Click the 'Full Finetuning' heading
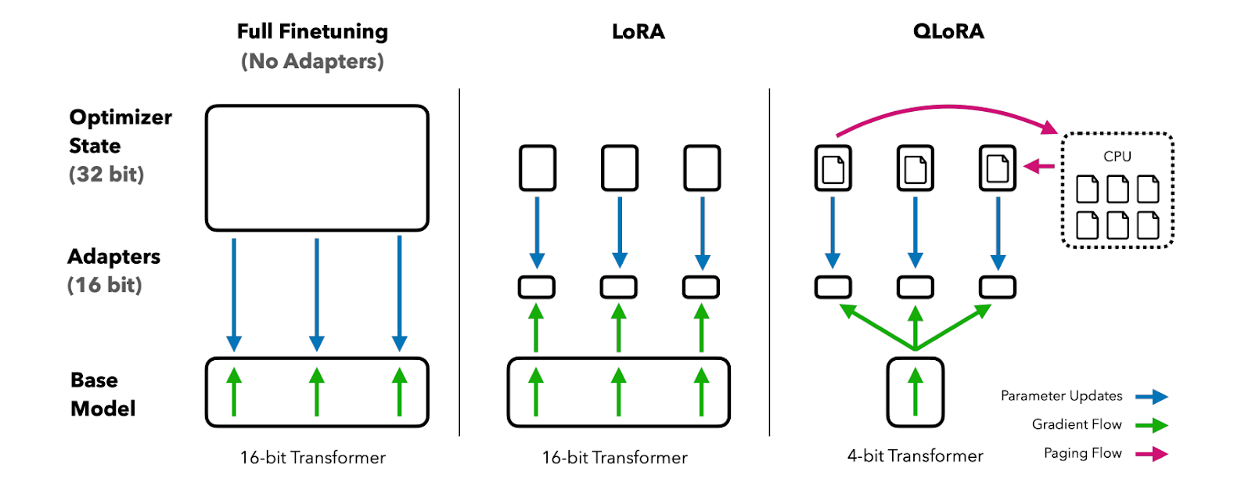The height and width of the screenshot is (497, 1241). coord(312,32)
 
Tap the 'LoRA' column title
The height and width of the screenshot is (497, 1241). coord(638,31)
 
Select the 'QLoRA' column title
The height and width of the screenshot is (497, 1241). coord(948,31)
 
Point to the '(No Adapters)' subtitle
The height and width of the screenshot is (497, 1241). coord(312,62)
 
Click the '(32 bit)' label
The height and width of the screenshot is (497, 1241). coord(106,175)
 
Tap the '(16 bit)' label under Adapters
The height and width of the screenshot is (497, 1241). coord(105,286)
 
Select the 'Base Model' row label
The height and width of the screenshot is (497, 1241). coord(103,394)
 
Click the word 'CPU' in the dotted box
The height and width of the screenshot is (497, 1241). coord(1117,157)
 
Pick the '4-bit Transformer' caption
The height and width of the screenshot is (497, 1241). coord(915,456)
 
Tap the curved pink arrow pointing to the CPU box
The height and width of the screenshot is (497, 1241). coord(948,106)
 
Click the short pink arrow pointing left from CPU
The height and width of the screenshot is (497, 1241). coord(1039,166)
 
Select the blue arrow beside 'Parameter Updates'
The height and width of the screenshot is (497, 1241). coord(1152,397)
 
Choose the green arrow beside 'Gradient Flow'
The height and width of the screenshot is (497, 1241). coord(1152,426)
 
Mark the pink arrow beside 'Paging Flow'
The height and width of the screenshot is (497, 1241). coord(1152,454)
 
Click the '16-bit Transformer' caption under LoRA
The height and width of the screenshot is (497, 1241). coord(615,458)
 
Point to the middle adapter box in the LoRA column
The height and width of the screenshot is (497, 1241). coord(619,287)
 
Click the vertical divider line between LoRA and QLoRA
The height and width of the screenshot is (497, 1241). coord(769,262)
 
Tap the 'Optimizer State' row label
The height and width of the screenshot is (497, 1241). coord(121,131)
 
